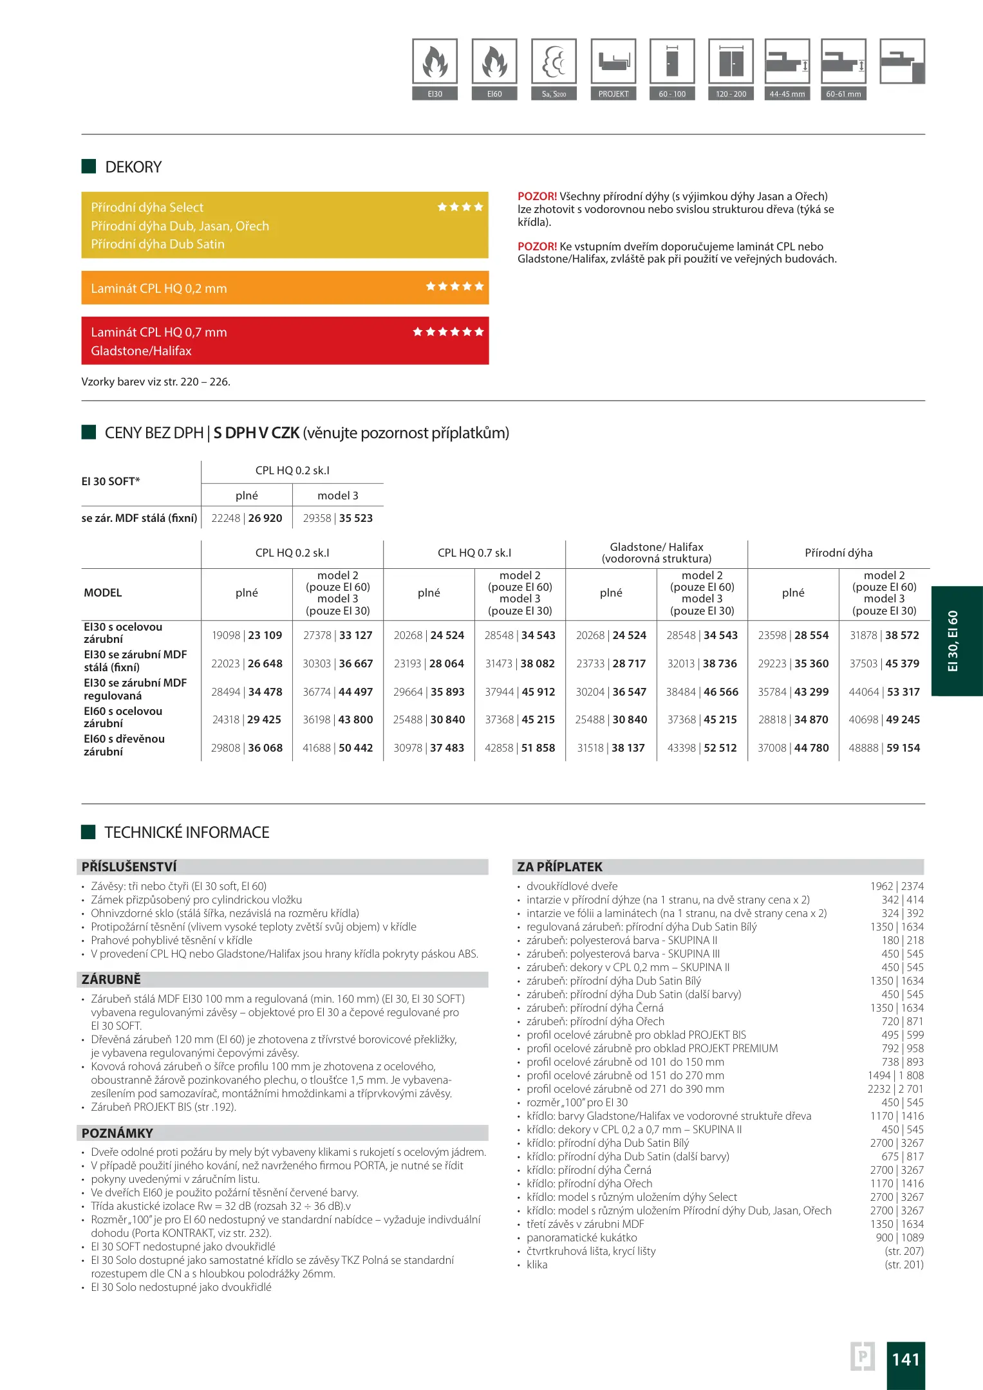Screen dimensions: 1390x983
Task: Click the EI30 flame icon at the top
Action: click(x=435, y=62)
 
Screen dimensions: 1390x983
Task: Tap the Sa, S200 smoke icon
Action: click(x=554, y=62)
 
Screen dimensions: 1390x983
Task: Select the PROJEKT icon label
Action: click(x=613, y=94)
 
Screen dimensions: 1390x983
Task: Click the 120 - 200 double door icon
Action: click(x=731, y=62)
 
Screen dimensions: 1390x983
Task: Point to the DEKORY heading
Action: click(x=133, y=167)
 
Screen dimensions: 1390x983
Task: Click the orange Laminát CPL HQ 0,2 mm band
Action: click(x=285, y=288)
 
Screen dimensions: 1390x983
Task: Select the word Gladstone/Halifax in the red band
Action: click(x=141, y=351)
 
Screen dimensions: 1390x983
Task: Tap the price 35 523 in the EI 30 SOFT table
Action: click(x=356, y=518)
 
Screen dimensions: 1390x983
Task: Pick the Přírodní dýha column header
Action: click(x=838, y=553)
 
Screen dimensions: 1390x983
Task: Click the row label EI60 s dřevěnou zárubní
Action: click(x=124, y=745)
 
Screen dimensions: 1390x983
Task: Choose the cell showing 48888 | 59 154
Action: click(x=884, y=748)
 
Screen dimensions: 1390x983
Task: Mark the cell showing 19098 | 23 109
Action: click(x=247, y=635)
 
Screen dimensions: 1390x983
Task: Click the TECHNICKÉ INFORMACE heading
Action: click(x=187, y=833)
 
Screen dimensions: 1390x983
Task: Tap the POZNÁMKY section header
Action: click(x=117, y=1133)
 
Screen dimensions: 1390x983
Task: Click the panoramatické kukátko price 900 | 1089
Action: click(x=899, y=1237)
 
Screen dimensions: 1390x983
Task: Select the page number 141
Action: click(x=905, y=1359)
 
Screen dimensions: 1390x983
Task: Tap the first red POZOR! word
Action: click(x=537, y=196)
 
